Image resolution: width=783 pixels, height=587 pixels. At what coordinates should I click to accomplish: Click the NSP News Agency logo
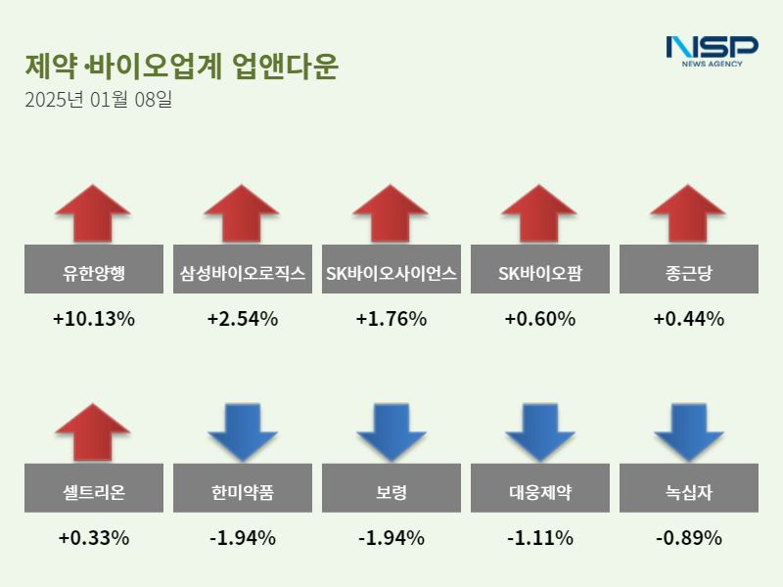point(712,50)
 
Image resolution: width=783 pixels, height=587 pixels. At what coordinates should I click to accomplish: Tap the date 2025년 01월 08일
point(98,100)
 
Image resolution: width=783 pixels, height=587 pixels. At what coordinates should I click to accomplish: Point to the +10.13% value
point(93,319)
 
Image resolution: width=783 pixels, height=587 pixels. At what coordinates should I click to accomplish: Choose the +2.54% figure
point(242,319)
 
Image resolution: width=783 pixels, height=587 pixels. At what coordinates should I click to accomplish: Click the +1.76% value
point(391,319)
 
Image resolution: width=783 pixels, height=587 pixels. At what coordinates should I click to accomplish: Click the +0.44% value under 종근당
point(688,319)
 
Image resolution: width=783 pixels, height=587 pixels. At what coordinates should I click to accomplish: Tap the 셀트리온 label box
point(93,492)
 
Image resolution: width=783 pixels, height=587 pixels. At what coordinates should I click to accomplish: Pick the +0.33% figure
point(93,538)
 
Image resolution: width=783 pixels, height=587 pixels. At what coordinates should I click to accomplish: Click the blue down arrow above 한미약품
point(242,430)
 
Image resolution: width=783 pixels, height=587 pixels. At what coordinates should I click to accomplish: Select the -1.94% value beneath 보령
point(391,538)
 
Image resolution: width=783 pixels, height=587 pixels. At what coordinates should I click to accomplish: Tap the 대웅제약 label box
point(539,492)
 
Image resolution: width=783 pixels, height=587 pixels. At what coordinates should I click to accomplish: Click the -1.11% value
point(539,538)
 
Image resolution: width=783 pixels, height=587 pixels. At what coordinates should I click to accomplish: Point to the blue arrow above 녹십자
point(688,430)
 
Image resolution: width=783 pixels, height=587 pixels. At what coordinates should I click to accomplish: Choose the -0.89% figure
point(688,538)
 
